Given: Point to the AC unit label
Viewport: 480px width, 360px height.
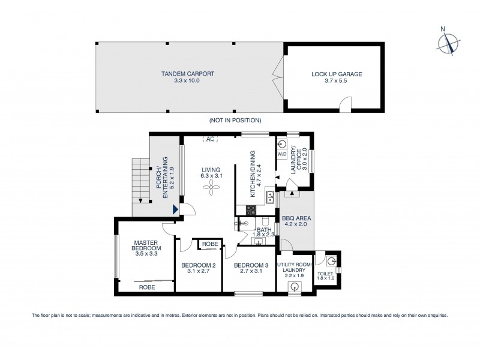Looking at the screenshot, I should pyautogui.click(x=210, y=140).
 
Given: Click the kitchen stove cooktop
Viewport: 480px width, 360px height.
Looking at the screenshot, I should pyautogui.click(x=251, y=210).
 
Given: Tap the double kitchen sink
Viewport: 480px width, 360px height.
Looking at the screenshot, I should pyautogui.click(x=271, y=196).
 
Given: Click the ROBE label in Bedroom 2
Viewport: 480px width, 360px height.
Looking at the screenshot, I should pyautogui.click(x=209, y=244).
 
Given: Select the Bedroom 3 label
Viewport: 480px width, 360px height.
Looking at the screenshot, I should pyautogui.click(x=251, y=265).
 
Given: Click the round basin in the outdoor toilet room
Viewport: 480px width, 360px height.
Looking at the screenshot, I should pyautogui.click(x=331, y=260).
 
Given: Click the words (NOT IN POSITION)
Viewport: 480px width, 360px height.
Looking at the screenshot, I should pyautogui.click(x=235, y=120).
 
